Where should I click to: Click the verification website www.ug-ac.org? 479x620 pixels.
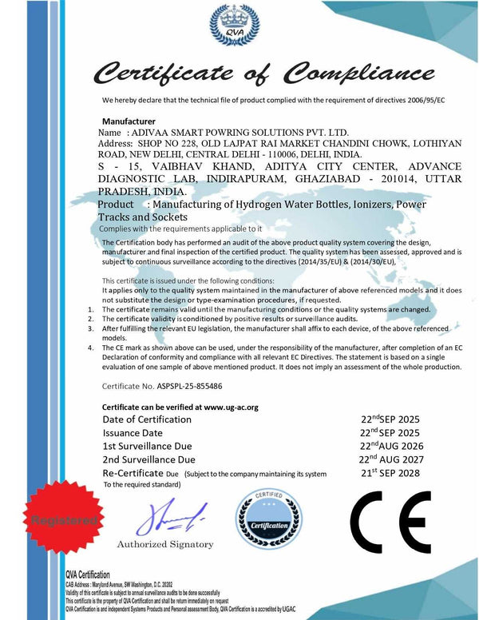231,407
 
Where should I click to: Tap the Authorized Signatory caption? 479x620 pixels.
165,545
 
